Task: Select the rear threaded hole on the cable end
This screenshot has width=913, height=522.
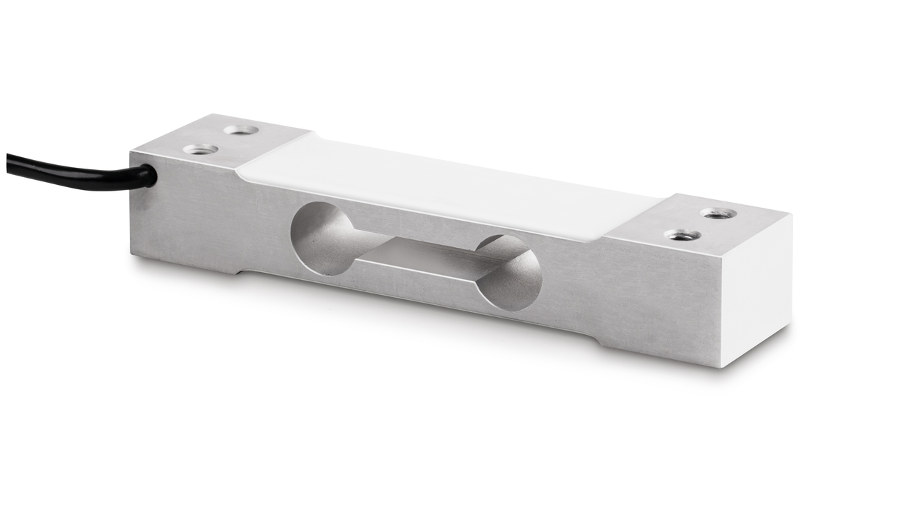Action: point(241,130)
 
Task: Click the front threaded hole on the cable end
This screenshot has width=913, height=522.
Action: point(200,149)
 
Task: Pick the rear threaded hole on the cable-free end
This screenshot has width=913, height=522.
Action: point(718,213)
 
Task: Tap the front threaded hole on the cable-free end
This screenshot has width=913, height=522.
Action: point(682,234)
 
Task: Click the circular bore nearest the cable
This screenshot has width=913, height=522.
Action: point(321,238)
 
